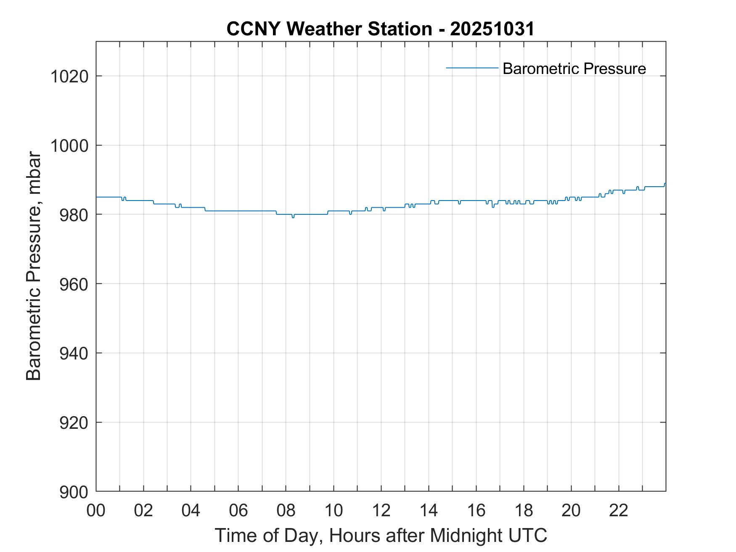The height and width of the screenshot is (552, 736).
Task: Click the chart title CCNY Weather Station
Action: (329, 29)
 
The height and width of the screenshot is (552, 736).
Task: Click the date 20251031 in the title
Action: (492, 29)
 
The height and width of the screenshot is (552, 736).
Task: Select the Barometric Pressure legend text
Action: (574, 69)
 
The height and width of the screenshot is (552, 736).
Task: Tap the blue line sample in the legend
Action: (472, 68)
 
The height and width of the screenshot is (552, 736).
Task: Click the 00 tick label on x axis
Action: (96, 510)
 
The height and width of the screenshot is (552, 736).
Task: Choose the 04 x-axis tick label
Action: (191, 510)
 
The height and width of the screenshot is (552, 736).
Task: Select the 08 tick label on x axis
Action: (286, 510)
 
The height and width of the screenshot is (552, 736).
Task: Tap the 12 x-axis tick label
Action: (381, 510)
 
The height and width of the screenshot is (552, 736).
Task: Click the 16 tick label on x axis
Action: (476, 510)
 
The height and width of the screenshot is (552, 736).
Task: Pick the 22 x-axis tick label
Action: (619, 510)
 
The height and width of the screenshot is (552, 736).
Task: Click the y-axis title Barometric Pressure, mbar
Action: (34, 267)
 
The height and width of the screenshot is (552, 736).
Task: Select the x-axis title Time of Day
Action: (381, 536)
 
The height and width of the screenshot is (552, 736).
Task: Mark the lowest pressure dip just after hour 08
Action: (293, 217)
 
